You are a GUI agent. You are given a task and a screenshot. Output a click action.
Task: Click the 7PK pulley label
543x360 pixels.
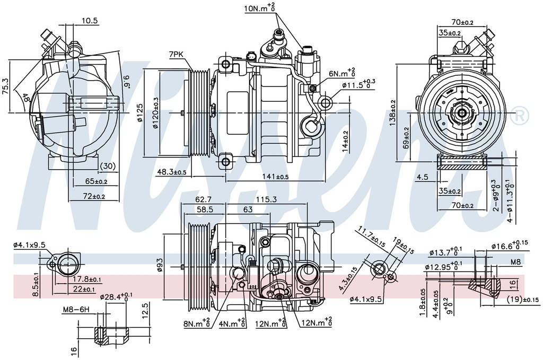tap(177, 54)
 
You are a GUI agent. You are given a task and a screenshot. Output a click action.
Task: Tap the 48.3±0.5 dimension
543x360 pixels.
tap(171, 172)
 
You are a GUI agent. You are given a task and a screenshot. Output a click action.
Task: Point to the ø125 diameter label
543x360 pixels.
tap(139, 112)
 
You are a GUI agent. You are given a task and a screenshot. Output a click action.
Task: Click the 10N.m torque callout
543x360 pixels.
tap(259, 8)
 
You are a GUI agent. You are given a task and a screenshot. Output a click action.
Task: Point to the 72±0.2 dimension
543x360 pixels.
tap(93, 197)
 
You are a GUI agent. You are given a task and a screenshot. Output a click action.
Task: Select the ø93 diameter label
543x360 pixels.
tap(160, 265)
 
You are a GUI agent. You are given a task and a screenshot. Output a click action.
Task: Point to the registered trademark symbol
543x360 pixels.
tap(521, 114)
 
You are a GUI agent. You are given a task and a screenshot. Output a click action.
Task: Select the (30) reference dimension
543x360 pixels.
tap(108, 166)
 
